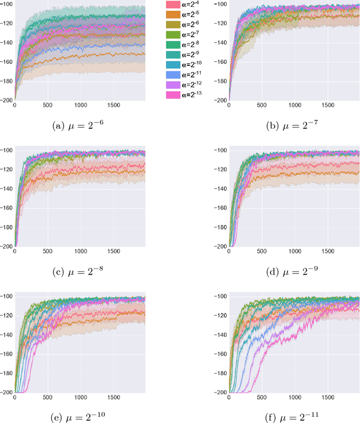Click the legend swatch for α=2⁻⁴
point(173,4)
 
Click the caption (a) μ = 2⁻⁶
point(80,127)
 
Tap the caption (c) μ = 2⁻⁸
point(80,273)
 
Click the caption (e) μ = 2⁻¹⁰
point(80,417)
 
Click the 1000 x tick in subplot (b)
point(295,105)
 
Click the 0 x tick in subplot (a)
point(15,105)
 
